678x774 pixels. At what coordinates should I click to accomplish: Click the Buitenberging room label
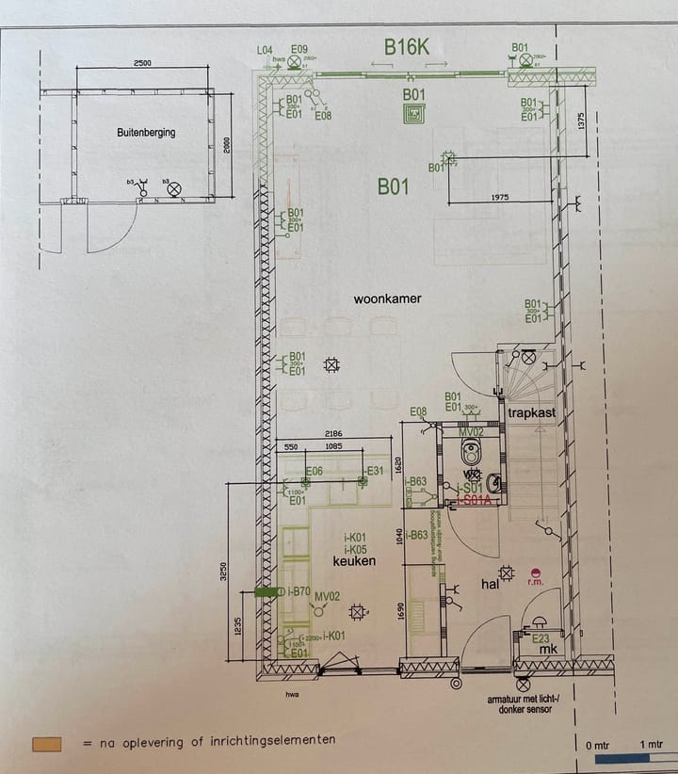point(146,133)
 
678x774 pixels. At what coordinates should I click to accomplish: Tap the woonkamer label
point(387,299)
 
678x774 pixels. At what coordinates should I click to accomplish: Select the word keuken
point(354,561)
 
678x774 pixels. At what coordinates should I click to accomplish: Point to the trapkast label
point(532,413)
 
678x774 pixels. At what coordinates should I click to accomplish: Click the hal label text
point(490,585)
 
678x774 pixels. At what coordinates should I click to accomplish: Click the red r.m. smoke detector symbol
point(536,572)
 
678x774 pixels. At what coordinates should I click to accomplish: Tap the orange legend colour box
point(46,744)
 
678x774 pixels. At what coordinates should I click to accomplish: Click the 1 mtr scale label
point(648,747)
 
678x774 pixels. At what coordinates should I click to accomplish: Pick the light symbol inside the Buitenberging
point(173,189)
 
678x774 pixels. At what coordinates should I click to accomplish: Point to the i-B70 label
point(298,591)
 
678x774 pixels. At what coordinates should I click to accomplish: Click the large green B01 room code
point(393,186)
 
